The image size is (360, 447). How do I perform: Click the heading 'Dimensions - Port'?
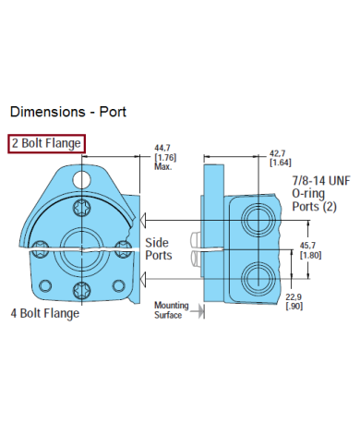tap(68, 112)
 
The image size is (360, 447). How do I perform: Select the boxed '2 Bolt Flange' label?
tap(46, 143)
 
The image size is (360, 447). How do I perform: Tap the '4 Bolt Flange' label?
tap(45, 313)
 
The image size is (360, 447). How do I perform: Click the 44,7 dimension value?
tap(162, 148)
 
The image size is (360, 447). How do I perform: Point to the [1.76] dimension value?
tap(165, 157)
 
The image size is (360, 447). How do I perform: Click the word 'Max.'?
tap(163, 166)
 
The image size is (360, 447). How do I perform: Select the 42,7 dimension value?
tap(278, 153)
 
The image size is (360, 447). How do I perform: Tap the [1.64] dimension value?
tap(281, 163)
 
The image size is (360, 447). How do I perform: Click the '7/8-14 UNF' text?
tap(321, 181)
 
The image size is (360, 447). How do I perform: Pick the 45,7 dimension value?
tap(307, 246)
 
